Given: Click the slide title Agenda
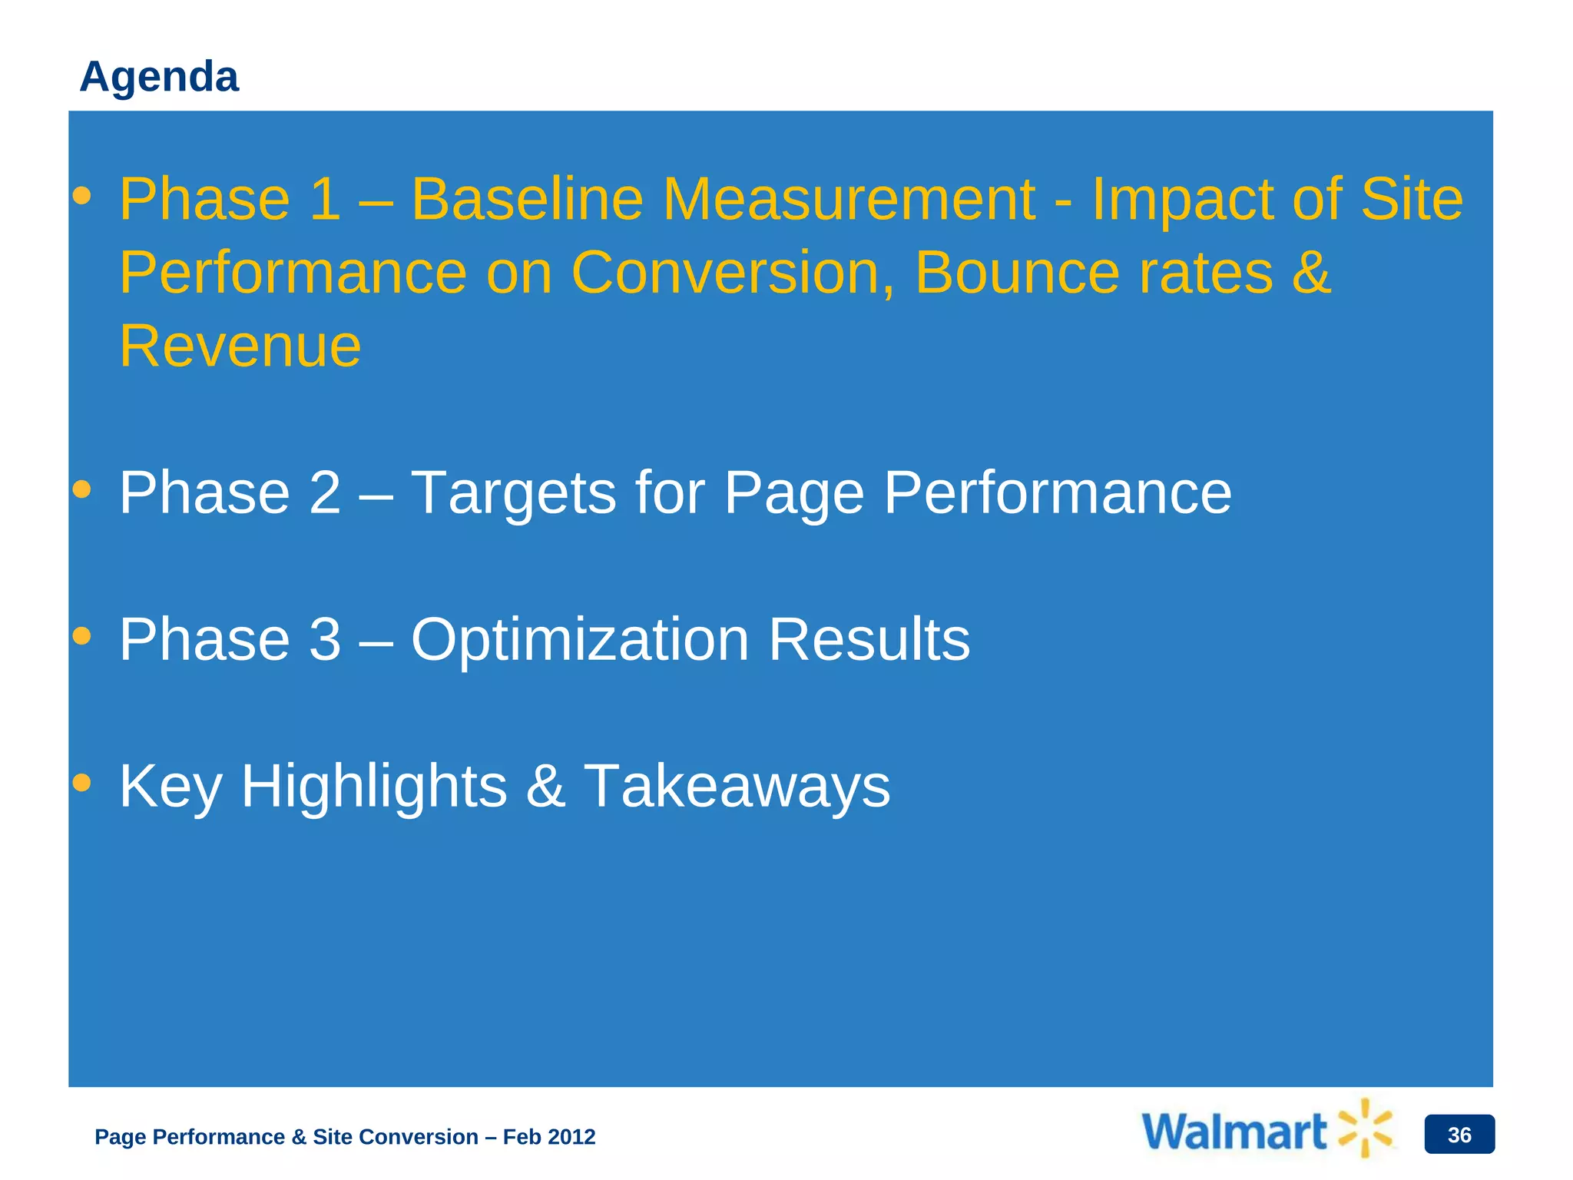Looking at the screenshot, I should click(159, 77).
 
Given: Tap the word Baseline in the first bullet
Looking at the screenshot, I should click(527, 199).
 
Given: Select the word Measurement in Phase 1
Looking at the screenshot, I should click(849, 199).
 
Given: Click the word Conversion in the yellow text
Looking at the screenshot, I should click(733, 273).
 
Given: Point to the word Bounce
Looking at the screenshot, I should click(1017, 273).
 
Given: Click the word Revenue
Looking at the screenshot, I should click(240, 346).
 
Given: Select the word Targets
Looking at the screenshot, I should click(513, 492).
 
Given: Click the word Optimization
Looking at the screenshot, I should click(580, 640).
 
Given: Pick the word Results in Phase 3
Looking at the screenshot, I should click(869, 640).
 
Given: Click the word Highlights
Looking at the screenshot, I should click(374, 787).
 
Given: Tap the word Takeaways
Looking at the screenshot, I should click(737, 787).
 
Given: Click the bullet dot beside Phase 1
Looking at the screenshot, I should click(81, 197).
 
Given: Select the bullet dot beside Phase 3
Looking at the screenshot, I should click(81, 637).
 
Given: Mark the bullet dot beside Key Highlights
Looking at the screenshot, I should click(81, 783).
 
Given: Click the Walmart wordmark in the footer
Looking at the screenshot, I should click(1234, 1132).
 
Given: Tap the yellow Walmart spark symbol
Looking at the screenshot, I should click(1365, 1128).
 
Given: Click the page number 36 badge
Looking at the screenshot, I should click(1459, 1135).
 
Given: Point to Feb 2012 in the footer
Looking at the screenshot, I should click(549, 1137).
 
